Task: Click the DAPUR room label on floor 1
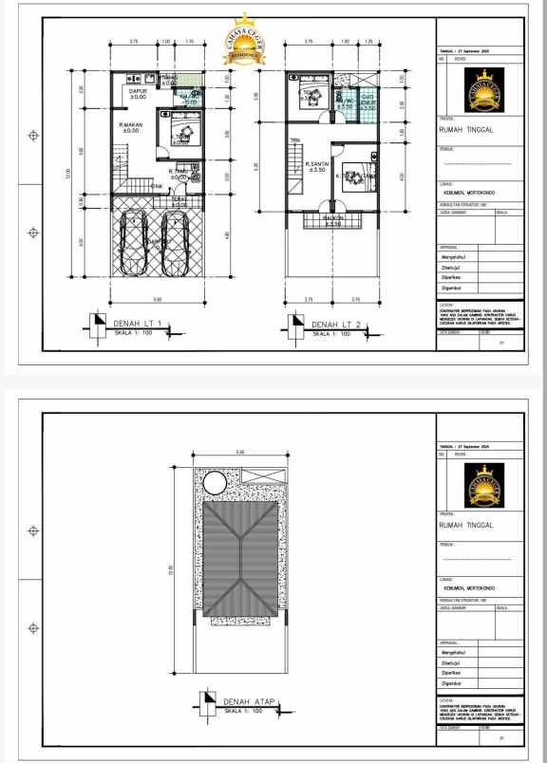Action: [138, 93]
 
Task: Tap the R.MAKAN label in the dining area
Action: [129, 127]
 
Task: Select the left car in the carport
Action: [131, 242]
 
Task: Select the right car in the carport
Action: [175, 242]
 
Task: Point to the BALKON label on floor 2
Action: [331, 220]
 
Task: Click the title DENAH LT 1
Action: [139, 324]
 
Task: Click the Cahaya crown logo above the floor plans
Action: [244, 40]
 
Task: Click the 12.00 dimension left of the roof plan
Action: [172, 569]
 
